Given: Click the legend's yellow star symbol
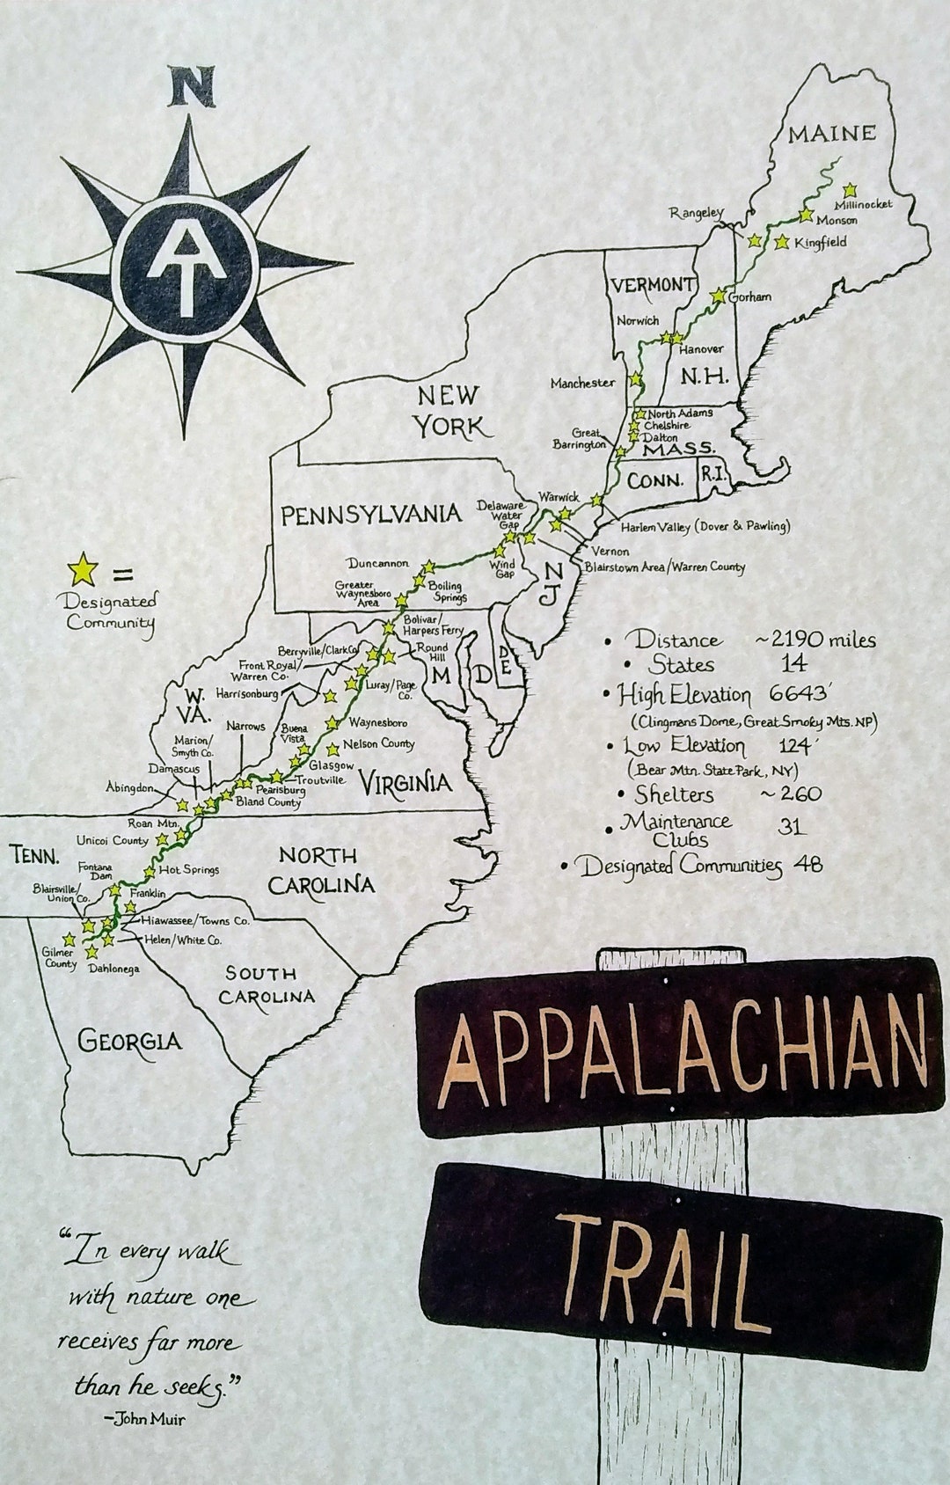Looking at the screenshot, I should pyautogui.click(x=84, y=568).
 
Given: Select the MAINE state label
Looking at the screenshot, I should pyautogui.click(x=831, y=134).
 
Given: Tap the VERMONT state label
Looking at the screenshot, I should pyautogui.click(x=653, y=284).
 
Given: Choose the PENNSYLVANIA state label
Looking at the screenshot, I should pyautogui.click(x=371, y=514).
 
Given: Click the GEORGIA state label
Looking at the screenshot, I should pyautogui.click(x=130, y=1042).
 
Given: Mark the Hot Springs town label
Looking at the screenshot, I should pyautogui.click(x=188, y=870).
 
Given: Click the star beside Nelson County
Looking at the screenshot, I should pyautogui.click(x=332, y=750).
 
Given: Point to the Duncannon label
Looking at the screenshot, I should pyautogui.click(x=376, y=563).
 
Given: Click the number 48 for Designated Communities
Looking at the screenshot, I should pyautogui.click(x=807, y=865).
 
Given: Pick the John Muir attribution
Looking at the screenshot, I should pyautogui.click(x=143, y=1418).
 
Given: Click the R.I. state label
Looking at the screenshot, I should pyautogui.click(x=712, y=472).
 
